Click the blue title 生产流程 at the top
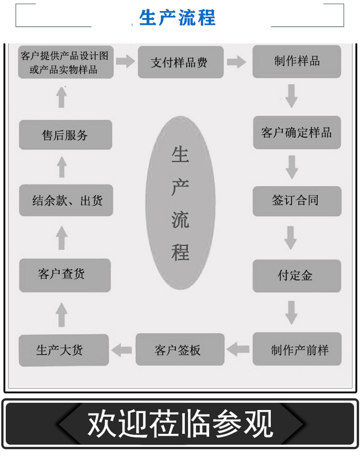pyautogui.click(x=177, y=17)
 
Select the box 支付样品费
pyautogui.click(x=181, y=62)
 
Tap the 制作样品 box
pyautogui.click(x=296, y=61)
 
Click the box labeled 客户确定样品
pyautogui.click(x=296, y=133)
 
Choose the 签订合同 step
pyautogui.click(x=296, y=201)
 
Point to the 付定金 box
pyautogui.click(x=296, y=276)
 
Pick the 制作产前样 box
pyautogui.click(x=297, y=349)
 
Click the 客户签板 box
pyautogui.click(x=180, y=349)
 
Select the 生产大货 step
pyautogui.click(x=64, y=350)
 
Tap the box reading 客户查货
pyautogui.click(x=65, y=275)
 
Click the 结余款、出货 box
pyautogui.click(x=66, y=201)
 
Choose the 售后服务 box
pyautogui.click(x=65, y=135)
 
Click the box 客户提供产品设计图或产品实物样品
pyautogui.click(x=66, y=62)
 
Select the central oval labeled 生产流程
pyautogui.click(x=180, y=203)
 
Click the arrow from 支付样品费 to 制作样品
pyautogui.click(x=237, y=62)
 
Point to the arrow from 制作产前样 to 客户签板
pyautogui.click(x=238, y=349)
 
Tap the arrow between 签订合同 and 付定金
pyautogui.click(x=291, y=238)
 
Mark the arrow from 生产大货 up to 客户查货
pyautogui.click(x=61, y=314)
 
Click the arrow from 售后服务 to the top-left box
pyautogui.click(x=62, y=98)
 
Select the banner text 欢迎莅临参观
pyautogui.click(x=180, y=424)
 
